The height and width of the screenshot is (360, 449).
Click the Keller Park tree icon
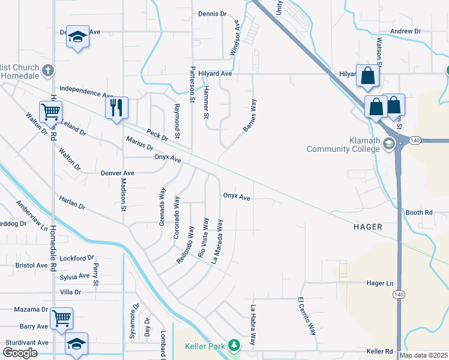click(236, 344)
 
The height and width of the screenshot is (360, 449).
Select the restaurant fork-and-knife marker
click(117, 108)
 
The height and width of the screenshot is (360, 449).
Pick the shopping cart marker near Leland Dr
click(51, 112)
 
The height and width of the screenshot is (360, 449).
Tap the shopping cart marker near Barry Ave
click(62, 318)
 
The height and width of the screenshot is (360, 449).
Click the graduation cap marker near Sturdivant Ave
click(76, 344)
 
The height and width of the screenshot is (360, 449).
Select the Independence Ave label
click(86, 91)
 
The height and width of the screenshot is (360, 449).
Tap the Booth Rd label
click(419, 212)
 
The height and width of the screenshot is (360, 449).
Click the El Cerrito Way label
click(307, 316)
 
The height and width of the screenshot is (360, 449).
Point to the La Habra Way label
click(253, 326)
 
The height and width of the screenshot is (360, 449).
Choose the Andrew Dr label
click(405, 31)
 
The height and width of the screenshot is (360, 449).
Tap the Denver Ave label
click(117, 173)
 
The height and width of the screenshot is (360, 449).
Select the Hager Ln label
click(380, 283)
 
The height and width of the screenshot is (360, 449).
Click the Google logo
click(20, 352)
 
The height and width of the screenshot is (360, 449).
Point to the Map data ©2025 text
click(424, 355)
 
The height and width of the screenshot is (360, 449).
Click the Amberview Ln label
click(31, 216)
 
